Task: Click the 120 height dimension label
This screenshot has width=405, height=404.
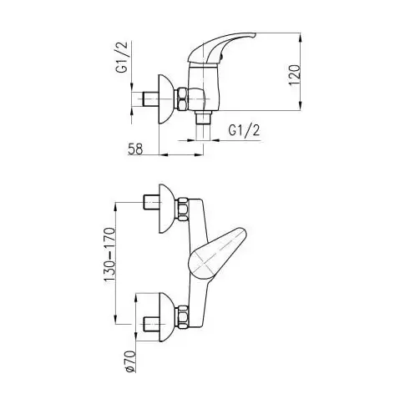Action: (x=295, y=75)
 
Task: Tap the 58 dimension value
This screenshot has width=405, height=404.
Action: (x=135, y=149)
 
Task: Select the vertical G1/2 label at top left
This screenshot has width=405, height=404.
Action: (x=121, y=57)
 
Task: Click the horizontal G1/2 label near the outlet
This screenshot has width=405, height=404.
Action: (x=244, y=130)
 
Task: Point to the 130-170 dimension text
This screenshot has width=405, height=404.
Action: (x=109, y=255)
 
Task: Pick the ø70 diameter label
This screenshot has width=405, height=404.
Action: (x=130, y=361)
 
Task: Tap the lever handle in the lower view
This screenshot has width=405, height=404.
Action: (x=218, y=254)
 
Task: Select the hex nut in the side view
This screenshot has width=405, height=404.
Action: (x=183, y=99)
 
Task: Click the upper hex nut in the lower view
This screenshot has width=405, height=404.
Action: (x=183, y=209)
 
